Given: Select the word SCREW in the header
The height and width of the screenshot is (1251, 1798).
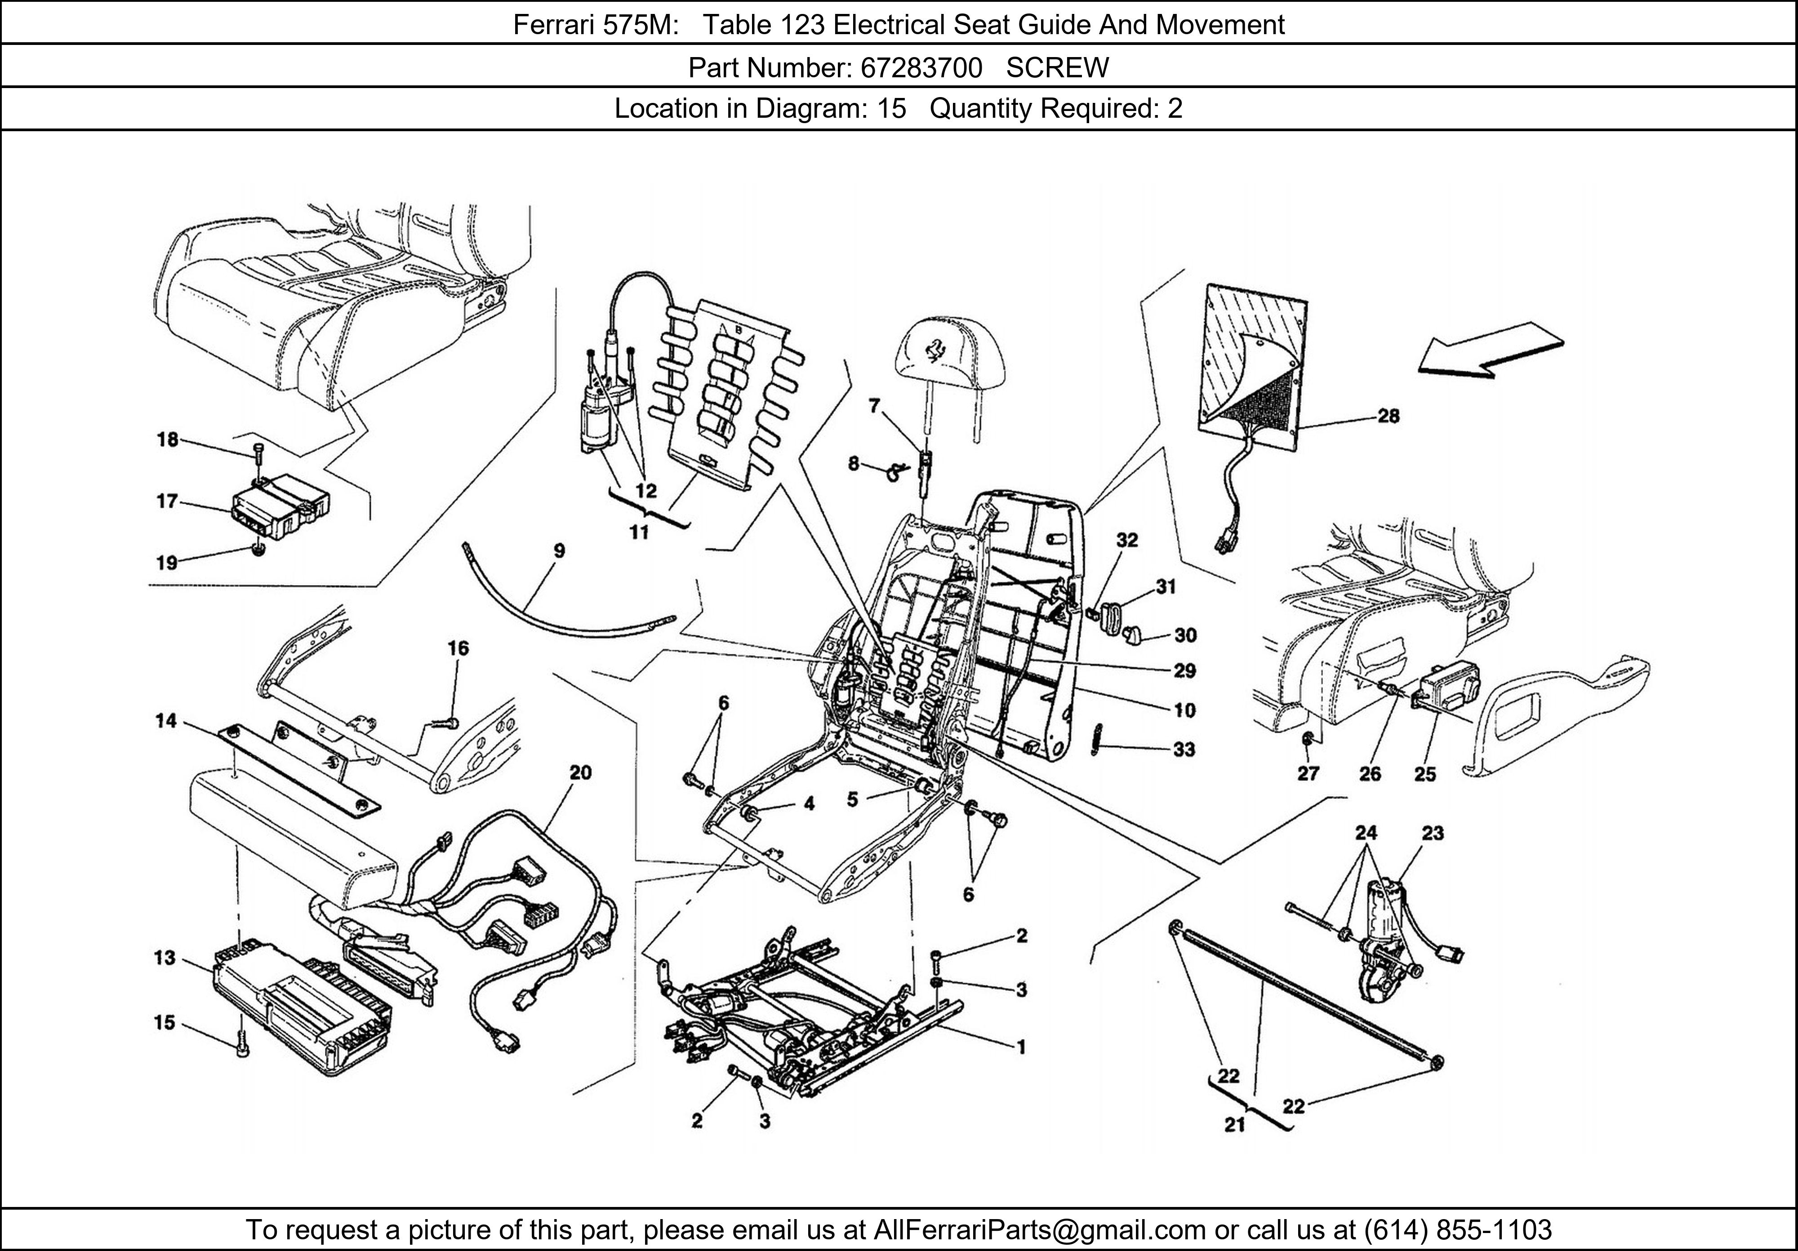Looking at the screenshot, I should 1057,69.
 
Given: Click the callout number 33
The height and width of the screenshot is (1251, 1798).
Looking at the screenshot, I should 1184,750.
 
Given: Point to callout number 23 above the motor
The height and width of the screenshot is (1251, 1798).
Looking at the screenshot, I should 1432,833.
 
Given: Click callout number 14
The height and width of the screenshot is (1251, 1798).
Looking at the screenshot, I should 166,721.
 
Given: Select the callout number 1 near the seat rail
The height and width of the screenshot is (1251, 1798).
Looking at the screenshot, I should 1020,1047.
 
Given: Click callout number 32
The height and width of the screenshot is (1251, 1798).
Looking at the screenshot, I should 1127,540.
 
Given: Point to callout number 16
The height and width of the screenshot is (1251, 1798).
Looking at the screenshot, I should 458,648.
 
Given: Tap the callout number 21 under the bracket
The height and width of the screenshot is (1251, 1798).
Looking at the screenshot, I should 1234,1126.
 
